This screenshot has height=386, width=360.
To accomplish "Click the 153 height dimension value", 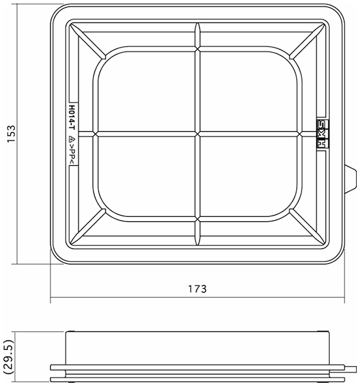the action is pos(11,134).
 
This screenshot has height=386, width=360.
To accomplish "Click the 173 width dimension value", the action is pos(197,289).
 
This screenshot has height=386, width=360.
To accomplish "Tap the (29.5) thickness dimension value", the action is pos(8,358).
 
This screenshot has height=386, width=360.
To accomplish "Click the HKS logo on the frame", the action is pos(323,134).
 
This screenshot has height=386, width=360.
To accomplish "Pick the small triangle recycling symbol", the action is pos(72,140).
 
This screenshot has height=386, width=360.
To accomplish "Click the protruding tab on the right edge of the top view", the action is pos(350,178).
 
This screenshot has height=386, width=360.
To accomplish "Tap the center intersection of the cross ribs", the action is pos(197,134).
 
